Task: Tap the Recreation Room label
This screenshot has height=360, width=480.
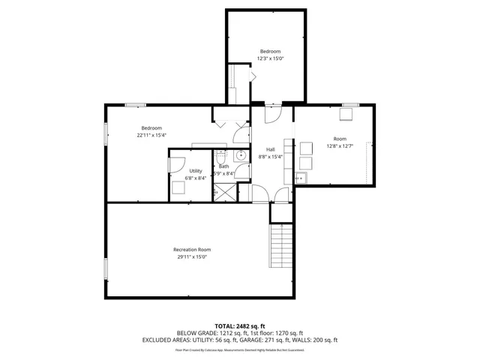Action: click(192, 249)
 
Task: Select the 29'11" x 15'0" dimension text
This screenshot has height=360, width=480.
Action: click(192, 257)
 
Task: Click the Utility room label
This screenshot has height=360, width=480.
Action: click(195, 171)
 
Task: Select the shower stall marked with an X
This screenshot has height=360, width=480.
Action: click(223, 192)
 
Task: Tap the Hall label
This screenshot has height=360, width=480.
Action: click(270, 149)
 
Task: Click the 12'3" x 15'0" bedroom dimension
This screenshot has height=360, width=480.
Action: click(271, 58)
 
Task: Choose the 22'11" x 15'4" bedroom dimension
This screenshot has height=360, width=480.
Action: click(151, 136)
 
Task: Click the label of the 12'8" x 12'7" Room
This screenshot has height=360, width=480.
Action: click(340, 139)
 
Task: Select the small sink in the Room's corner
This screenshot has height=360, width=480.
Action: click(300, 178)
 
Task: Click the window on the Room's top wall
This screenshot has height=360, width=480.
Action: click(350, 104)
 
